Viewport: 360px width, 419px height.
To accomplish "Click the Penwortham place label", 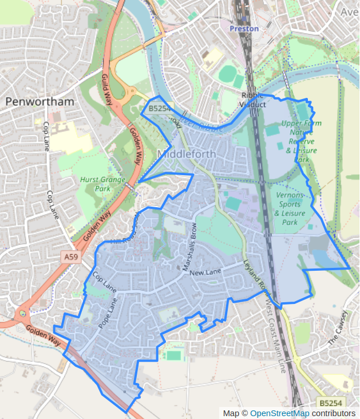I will (x=40, y=102).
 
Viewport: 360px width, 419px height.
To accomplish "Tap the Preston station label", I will (x=244, y=28).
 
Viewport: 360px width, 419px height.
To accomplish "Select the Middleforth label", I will (x=186, y=153).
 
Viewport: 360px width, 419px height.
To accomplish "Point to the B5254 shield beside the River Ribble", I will (x=159, y=108).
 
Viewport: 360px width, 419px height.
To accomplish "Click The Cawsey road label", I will (x=338, y=328).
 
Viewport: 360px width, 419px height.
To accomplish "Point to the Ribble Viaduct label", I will (x=254, y=100).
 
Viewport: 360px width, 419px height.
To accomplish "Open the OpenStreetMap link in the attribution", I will (x=280, y=413).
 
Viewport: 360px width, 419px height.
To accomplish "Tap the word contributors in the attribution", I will (x=334, y=413).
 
